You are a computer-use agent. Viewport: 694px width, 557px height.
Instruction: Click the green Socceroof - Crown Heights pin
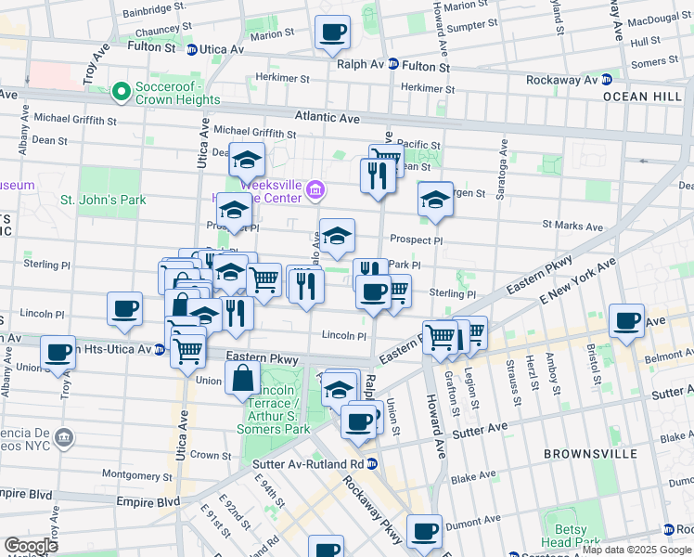click(120, 92)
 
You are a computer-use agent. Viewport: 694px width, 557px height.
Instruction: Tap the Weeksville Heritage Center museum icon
click(315, 191)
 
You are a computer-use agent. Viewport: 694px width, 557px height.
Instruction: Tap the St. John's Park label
click(103, 200)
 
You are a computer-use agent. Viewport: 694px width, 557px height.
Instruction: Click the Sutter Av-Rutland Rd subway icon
click(372, 463)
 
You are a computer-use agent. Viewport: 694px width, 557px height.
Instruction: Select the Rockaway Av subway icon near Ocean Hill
click(607, 80)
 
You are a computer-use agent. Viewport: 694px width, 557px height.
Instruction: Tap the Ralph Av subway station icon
click(393, 65)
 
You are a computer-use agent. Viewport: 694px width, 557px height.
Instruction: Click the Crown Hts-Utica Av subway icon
click(160, 349)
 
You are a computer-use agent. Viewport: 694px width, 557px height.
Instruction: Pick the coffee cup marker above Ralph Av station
click(332, 33)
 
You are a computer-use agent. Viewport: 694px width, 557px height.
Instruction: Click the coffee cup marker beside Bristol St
click(627, 321)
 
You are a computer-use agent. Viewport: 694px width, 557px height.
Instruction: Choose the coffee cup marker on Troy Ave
click(58, 353)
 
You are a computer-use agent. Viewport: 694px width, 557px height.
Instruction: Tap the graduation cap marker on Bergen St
click(434, 200)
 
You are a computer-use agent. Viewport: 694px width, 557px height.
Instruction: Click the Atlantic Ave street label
click(327, 119)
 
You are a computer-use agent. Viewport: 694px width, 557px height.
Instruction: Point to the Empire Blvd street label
click(148, 501)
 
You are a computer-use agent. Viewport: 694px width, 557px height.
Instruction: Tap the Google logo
click(31, 546)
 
